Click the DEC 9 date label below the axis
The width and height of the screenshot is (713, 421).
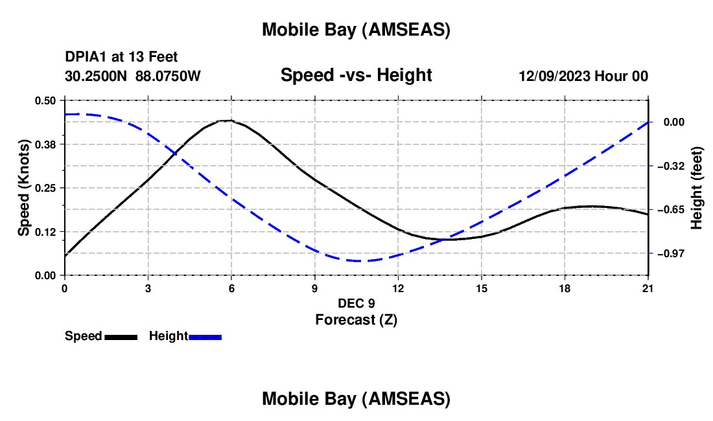pyautogui.click(x=356, y=303)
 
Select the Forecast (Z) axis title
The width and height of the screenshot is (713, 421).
pyautogui.click(x=356, y=319)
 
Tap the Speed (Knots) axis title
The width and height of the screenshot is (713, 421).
pyautogui.click(x=24, y=188)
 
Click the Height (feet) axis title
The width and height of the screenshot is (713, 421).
pyautogui.click(x=697, y=188)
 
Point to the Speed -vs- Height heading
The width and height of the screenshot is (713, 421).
pyautogui.click(x=356, y=75)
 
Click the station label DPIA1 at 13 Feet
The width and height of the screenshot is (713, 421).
pyautogui.click(x=121, y=57)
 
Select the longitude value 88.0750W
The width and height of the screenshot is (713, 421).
pyautogui.click(x=169, y=76)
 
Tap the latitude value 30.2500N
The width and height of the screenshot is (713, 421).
pyautogui.click(x=97, y=76)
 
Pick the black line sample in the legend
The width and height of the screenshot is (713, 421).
pyautogui.click(x=121, y=337)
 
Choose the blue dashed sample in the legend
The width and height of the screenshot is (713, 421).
pyautogui.click(x=205, y=337)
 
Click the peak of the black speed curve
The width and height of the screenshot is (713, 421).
pyautogui.click(x=227, y=120)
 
